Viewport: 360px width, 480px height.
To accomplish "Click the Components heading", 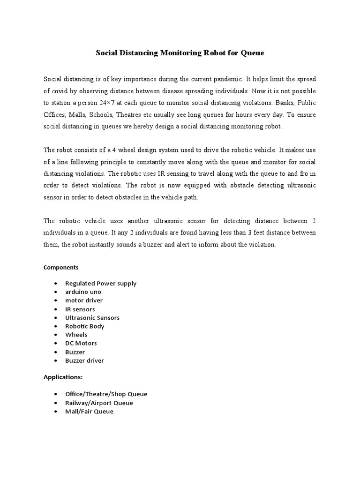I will click(61, 268).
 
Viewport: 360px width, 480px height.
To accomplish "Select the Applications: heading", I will click(63, 377).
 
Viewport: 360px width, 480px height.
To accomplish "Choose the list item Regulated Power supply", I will click(101, 283).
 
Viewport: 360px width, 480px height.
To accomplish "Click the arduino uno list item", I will click(83, 292).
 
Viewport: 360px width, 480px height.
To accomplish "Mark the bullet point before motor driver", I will click(56, 300).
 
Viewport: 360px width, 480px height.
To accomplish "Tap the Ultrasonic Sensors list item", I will click(92, 317).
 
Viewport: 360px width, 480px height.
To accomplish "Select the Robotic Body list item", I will click(85, 326).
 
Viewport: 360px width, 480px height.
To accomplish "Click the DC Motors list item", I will click(81, 343).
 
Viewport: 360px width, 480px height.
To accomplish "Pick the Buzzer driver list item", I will click(84, 360).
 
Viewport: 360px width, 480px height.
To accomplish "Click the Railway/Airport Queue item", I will click(99, 403).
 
